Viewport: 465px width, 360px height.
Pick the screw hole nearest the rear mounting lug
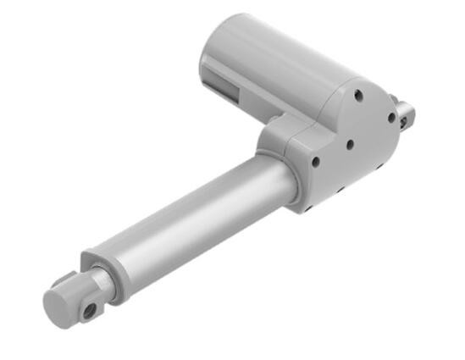[391, 119]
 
